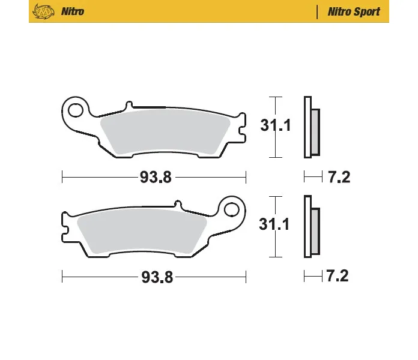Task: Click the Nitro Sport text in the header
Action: pyautogui.click(x=354, y=12)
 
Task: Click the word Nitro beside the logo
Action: pyautogui.click(x=73, y=11)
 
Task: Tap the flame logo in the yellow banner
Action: pyautogui.click(x=43, y=12)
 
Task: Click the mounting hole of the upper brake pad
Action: pyautogui.click(x=76, y=110)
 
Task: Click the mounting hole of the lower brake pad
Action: pyautogui.click(x=231, y=209)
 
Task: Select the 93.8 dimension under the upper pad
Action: pyautogui.click(x=156, y=177)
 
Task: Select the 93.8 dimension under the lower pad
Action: pyautogui.click(x=157, y=277)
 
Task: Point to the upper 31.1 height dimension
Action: pyautogui.click(x=276, y=125)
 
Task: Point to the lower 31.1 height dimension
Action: pyautogui.click(x=274, y=224)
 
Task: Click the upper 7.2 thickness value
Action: pyautogui.click(x=339, y=177)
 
